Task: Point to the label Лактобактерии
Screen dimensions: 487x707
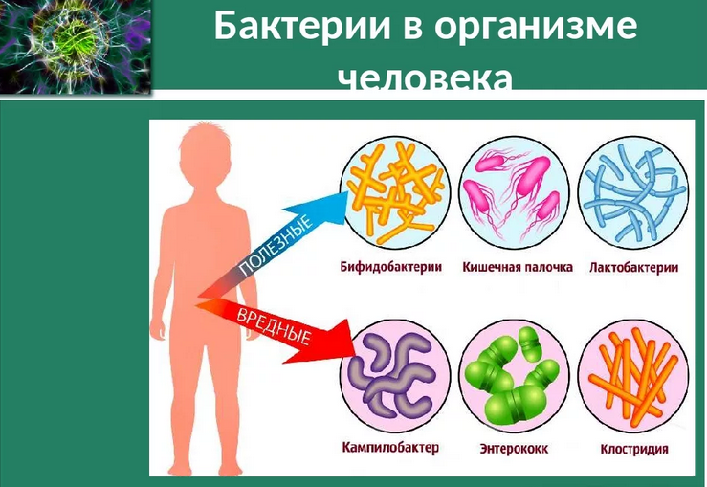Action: click(x=633, y=268)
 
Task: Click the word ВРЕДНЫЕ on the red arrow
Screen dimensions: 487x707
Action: click(x=276, y=323)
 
